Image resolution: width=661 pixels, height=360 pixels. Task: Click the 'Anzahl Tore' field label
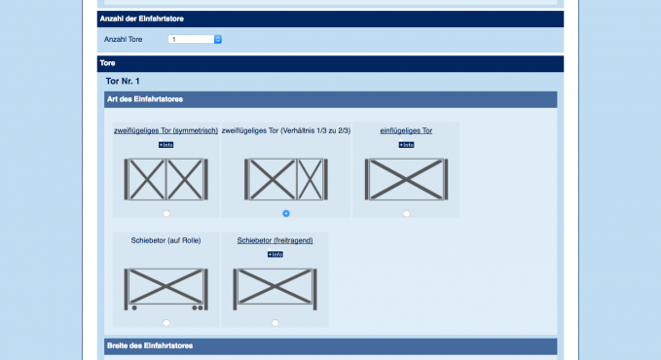(123, 39)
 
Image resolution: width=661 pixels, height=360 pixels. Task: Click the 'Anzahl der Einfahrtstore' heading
(142, 18)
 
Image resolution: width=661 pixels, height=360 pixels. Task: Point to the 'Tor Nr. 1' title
(123, 81)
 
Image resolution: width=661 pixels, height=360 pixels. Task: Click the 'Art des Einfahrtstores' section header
(145, 99)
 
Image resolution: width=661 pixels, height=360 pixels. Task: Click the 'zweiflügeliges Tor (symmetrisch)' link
(165, 130)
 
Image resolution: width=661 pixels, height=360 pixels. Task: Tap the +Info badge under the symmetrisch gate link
(166, 145)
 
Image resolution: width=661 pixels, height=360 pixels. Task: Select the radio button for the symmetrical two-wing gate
(166, 213)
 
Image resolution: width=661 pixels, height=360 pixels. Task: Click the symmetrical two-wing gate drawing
(166, 179)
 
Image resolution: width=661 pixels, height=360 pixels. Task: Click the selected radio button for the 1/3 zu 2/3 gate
(286, 213)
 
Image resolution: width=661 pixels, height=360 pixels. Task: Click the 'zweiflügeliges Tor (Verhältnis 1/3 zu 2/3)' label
(286, 130)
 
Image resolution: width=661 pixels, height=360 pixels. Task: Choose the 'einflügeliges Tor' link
(406, 130)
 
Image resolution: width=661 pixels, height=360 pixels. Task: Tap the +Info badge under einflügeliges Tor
(406, 145)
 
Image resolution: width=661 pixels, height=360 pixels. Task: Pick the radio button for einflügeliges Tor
(406, 213)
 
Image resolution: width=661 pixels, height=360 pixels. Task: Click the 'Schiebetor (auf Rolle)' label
(165, 240)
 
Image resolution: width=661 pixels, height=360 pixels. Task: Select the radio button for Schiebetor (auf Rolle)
(166, 323)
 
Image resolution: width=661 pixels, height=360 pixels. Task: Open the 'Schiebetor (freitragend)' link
(275, 240)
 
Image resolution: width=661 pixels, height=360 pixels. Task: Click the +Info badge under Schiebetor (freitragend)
(275, 254)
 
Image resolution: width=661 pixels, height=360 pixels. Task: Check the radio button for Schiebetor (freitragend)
(275, 323)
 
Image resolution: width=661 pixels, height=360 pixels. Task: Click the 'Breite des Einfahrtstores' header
(150, 345)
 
